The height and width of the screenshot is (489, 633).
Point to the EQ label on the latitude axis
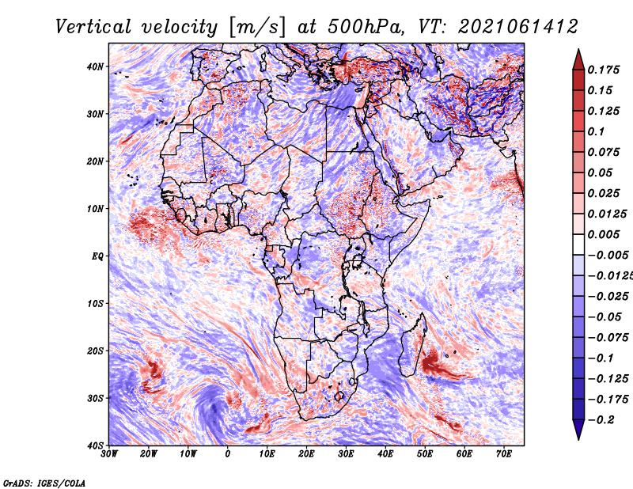[97, 256]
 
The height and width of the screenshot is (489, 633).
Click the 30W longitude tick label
[109, 454]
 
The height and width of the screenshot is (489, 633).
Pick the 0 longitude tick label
[228, 454]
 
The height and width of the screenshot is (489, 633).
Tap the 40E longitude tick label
[385, 454]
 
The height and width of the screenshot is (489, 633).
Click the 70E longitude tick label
[504, 454]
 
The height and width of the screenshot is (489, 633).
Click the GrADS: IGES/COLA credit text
[44, 481]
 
